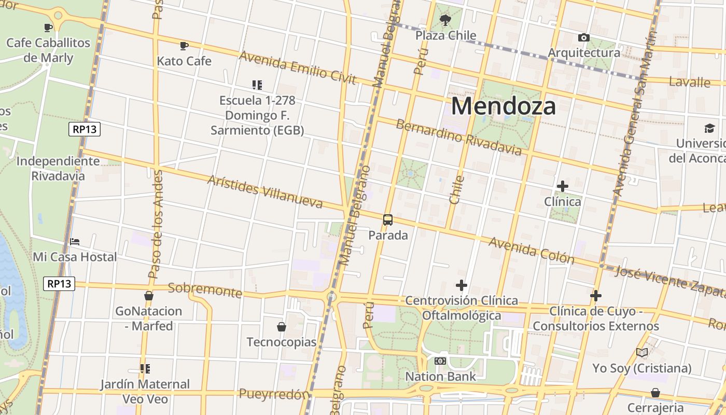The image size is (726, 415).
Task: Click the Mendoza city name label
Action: tap(504, 106)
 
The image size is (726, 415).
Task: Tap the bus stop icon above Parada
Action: tap(388, 219)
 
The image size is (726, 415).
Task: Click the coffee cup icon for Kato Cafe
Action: tap(184, 46)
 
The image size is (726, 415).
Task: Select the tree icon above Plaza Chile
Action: tap(445, 21)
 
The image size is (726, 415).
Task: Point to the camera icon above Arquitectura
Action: tap(583, 38)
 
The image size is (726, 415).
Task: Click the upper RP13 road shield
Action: tap(85, 129)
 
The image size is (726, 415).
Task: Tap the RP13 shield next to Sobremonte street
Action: tap(59, 284)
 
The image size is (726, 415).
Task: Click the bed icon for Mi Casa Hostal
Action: tap(75, 242)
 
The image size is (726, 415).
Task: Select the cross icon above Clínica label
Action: tap(562, 186)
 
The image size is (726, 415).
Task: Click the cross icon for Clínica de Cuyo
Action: tap(596, 296)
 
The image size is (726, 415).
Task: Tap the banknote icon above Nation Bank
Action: tap(440, 361)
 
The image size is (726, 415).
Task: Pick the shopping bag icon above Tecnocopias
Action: tap(281, 327)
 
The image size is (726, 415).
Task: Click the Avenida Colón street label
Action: tap(531, 251)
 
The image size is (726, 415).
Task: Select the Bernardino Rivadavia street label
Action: tap(458, 137)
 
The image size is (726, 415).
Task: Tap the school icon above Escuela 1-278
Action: tap(257, 85)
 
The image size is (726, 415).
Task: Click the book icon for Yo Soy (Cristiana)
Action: tap(642, 353)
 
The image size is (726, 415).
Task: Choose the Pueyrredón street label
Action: tap(274, 394)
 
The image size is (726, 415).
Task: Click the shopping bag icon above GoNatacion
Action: tap(149, 296)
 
